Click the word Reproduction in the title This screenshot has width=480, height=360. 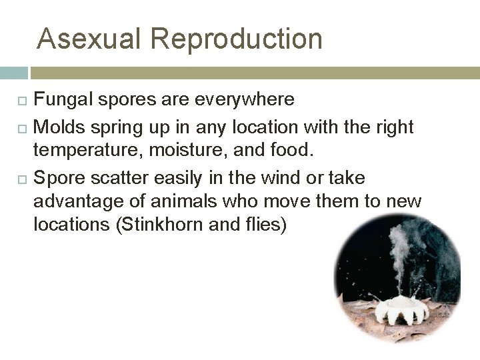[x=236, y=39]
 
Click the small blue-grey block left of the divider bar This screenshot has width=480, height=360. [x=13, y=73]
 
